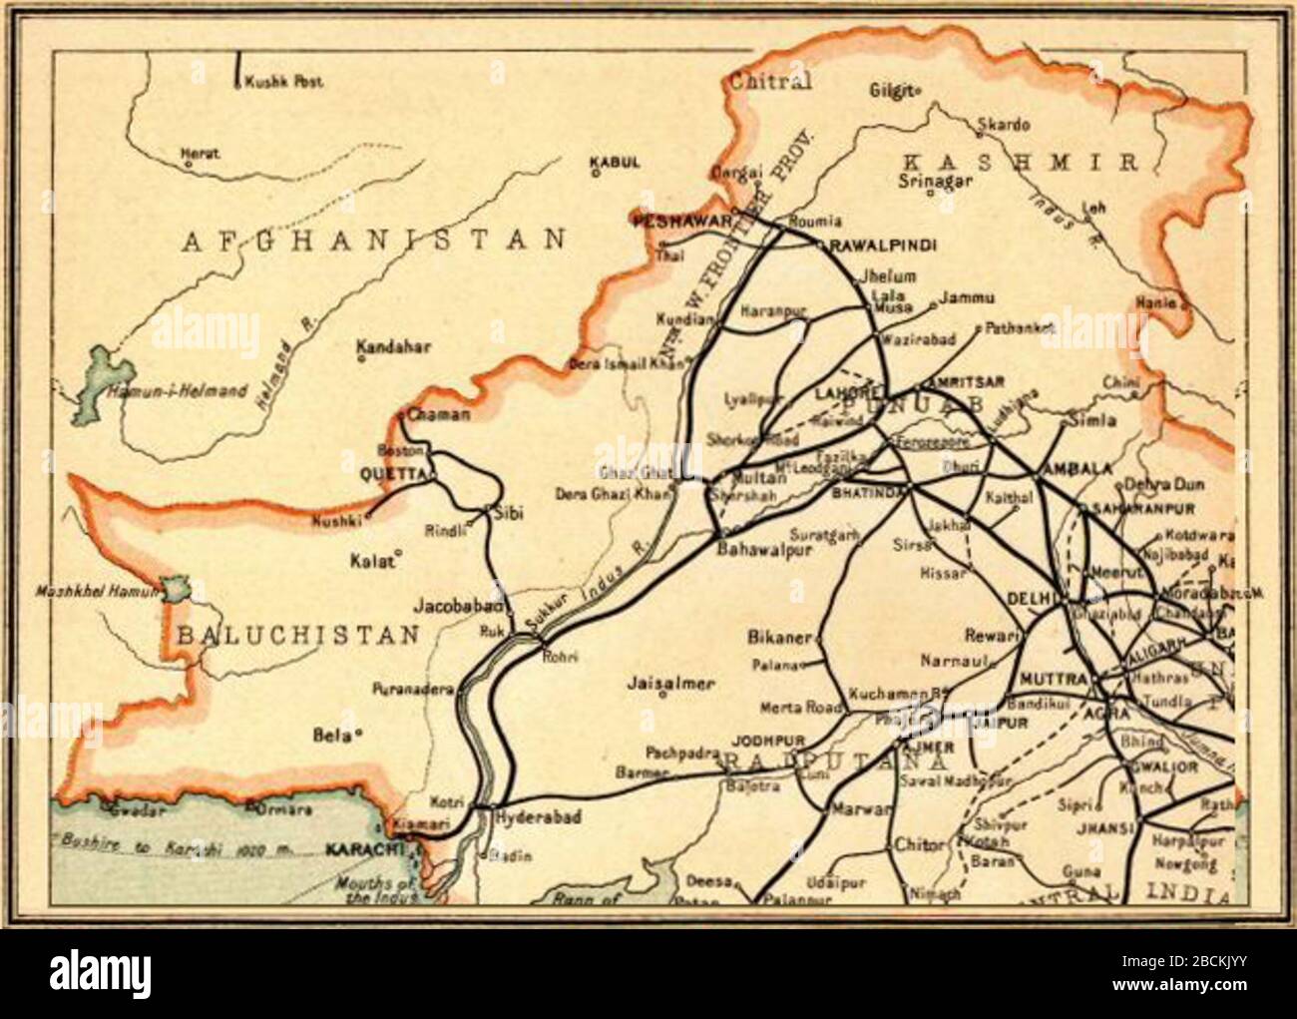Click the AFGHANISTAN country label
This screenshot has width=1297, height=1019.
pos(373,240)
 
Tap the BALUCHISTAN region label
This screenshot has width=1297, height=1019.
pos(298,635)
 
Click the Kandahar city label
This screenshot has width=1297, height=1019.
pos(393,347)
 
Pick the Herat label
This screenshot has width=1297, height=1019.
pos(200,154)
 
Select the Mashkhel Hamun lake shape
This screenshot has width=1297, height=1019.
pos(176,588)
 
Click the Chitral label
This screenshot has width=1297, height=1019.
pos(770,82)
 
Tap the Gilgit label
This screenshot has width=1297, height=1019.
pos(891,90)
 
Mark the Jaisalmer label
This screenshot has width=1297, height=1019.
pos(670,684)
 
